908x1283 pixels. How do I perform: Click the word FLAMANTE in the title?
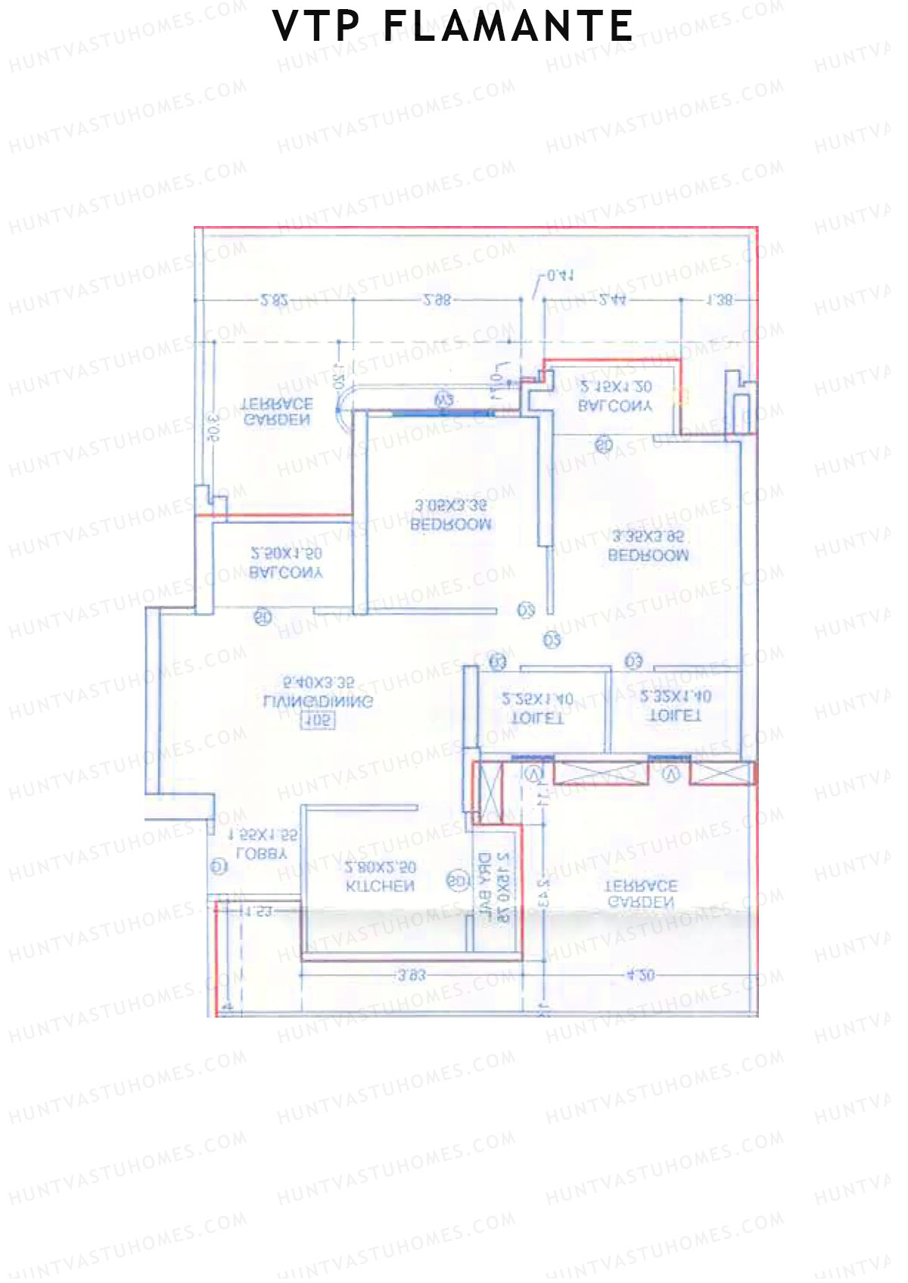[x=508, y=27]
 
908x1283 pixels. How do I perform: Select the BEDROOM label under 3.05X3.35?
[x=451, y=524]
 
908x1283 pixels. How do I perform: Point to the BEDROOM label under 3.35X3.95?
[x=648, y=555]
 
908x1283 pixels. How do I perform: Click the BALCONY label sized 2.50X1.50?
[x=286, y=573]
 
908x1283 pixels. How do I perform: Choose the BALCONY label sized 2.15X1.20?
[x=614, y=406]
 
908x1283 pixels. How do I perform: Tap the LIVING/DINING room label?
[x=318, y=701]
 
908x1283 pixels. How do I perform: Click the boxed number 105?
[x=318, y=721]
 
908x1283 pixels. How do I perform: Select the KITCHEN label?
[x=380, y=886]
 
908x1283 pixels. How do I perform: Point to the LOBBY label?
[x=262, y=854]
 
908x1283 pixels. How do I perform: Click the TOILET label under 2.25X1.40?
[x=538, y=718]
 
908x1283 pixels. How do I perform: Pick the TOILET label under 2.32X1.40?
[x=676, y=715]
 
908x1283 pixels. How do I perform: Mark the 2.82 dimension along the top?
[x=274, y=300]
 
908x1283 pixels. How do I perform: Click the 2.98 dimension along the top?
[x=437, y=300]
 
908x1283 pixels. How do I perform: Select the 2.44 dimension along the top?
[x=612, y=300]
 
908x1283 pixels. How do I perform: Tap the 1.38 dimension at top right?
[x=719, y=300]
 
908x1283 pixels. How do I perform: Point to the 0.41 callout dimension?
[x=560, y=276]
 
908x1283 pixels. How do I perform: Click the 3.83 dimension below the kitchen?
[x=412, y=975]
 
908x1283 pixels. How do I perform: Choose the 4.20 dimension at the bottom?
[x=640, y=975]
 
